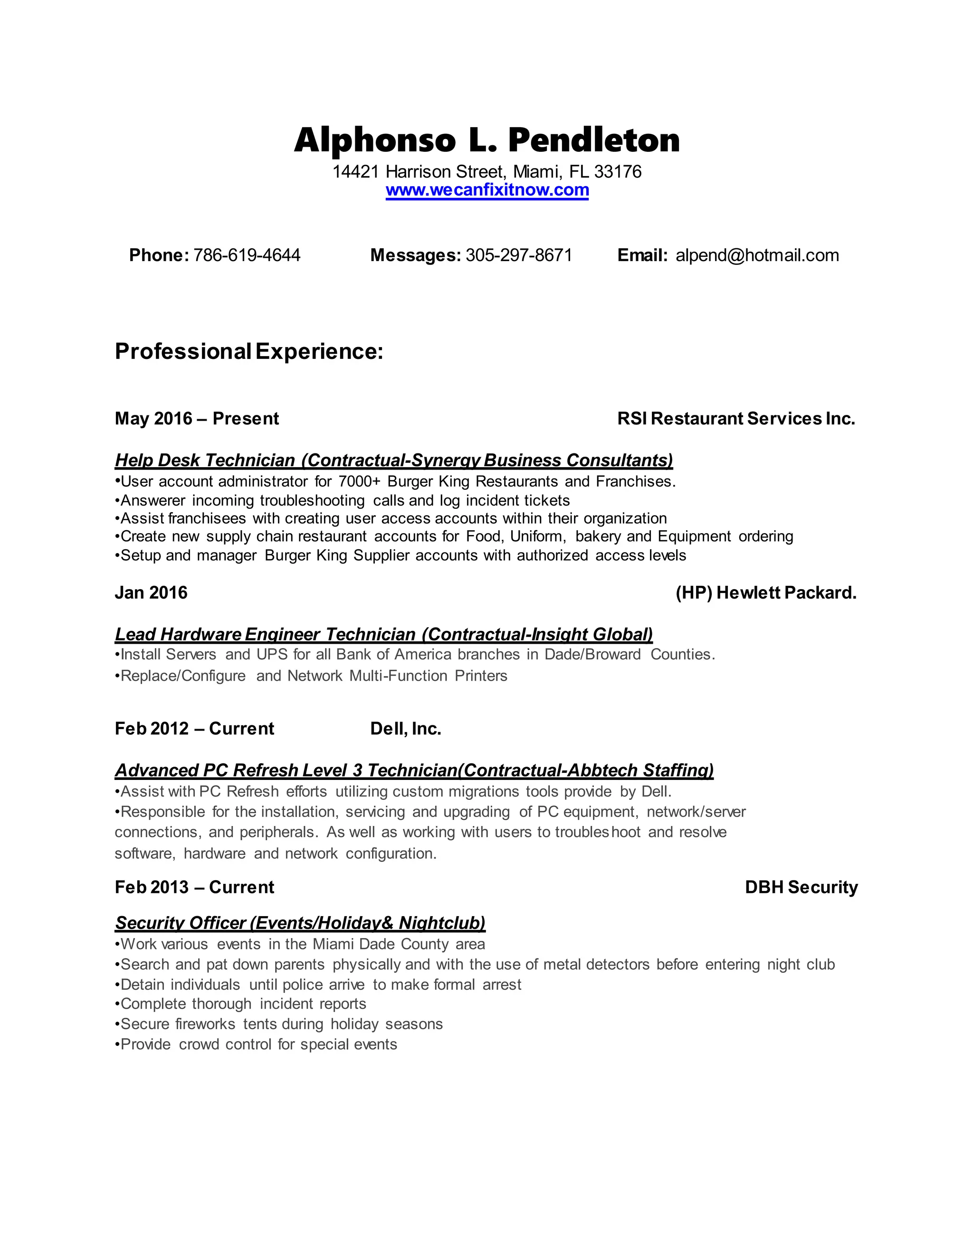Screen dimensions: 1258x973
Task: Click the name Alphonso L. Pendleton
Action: pyautogui.click(x=486, y=141)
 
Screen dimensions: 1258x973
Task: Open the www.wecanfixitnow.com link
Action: pyautogui.click(x=487, y=190)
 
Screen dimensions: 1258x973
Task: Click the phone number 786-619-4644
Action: pyautogui.click(x=247, y=255)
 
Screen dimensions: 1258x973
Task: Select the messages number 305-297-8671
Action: pyautogui.click(x=519, y=255)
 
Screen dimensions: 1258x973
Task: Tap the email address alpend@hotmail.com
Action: pyautogui.click(x=757, y=255)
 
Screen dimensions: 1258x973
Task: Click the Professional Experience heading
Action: pyautogui.click(x=249, y=351)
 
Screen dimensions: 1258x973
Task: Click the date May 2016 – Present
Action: pyautogui.click(x=197, y=419)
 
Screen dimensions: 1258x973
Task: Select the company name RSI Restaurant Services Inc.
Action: pyautogui.click(x=736, y=419)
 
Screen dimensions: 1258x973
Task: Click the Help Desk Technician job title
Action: pyautogui.click(x=394, y=460)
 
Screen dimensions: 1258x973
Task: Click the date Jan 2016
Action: pyautogui.click(x=151, y=593)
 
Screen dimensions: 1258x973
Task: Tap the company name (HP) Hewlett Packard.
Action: pyautogui.click(x=766, y=593)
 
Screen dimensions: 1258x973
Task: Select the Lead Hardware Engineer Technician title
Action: pyautogui.click(x=384, y=634)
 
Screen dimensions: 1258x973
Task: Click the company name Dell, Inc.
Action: pyautogui.click(x=406, y=729)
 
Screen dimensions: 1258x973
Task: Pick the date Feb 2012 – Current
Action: pyautogui.click(x=194, y=729)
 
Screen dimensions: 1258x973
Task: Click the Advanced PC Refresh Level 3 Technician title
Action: pyautogui.click(x=414, y=770)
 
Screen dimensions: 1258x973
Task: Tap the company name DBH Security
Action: pyautogui.click(x=801, y=887)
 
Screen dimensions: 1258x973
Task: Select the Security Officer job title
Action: pyautogui.click(x=300, y=923)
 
